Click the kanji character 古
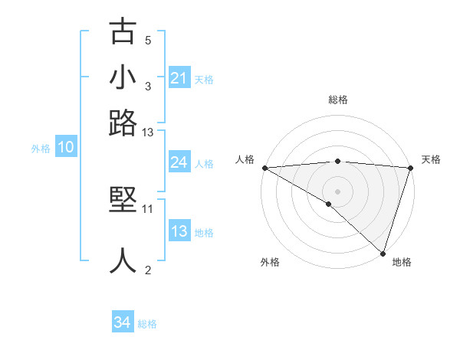(x=123, y=32)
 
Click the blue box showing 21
(x=179, y=78)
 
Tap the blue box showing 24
(x=179, y=162)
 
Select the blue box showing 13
(x=179, y=231)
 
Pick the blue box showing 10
(x=66, y=148)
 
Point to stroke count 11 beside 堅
(x=148, y=208)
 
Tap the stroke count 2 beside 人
(x=148, y=270)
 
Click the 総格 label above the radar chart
(x=337, y=100)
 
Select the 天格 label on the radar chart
(x=431, y=159)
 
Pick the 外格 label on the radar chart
(x=270, y=262)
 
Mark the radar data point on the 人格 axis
(x=264, y=168)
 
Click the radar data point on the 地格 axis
(x=383, y=253)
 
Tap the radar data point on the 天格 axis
(x=411, y=168)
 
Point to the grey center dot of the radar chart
(x=337, y=191)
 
